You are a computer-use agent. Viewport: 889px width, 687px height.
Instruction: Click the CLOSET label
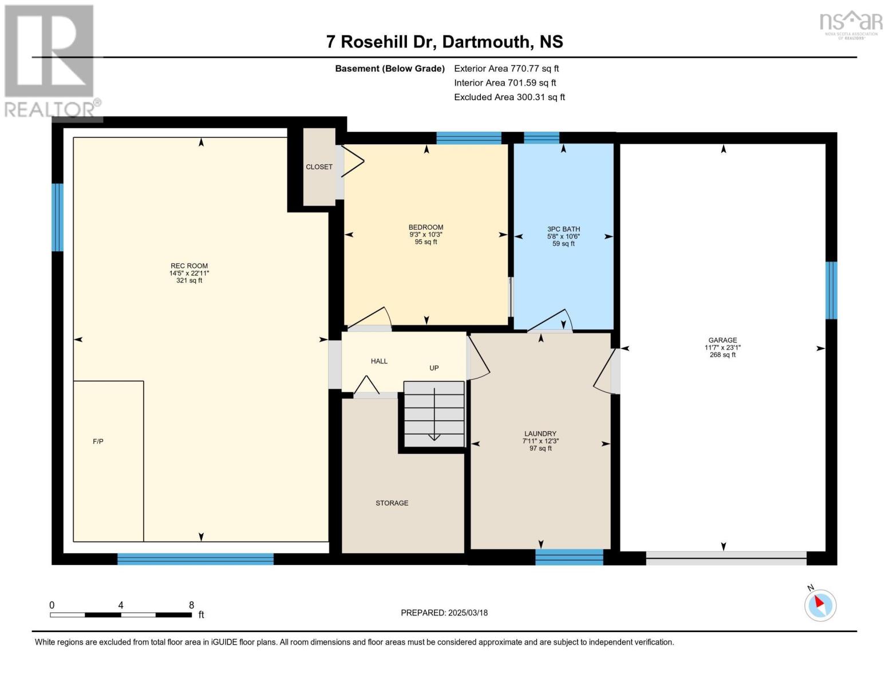319,167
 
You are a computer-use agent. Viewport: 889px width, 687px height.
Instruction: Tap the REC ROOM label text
189,266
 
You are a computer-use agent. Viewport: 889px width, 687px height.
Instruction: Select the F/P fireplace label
98,441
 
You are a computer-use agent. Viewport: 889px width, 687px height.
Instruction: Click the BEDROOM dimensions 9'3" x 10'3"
425,235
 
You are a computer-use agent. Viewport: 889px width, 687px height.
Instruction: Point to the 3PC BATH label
563,229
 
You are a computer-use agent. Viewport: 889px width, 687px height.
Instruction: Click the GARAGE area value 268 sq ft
722,355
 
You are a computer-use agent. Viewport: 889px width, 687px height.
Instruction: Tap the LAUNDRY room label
540,434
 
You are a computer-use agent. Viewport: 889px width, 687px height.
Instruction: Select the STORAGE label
392,503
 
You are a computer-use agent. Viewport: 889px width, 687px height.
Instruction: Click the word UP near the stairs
434,368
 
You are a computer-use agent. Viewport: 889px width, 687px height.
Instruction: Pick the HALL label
379,361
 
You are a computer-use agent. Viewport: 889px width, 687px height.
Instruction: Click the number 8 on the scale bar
191,605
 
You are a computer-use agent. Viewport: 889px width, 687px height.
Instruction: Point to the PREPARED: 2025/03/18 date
444,613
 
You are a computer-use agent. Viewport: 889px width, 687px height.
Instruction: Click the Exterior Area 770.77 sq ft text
506,68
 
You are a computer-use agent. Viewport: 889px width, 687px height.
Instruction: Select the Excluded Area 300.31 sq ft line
509,97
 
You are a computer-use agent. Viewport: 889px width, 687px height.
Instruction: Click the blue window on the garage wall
831,290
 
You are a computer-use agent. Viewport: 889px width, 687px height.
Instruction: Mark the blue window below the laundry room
569,557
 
